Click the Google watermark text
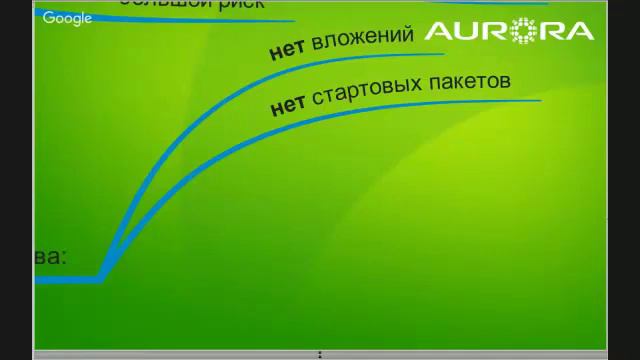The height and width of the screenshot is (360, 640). [68, 18]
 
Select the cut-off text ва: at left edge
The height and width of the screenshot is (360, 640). [51, 257]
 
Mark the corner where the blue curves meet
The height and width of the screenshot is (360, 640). [102, 279]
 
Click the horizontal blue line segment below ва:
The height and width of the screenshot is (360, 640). [65, 279]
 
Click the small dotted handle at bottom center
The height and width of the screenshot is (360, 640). [320, 354]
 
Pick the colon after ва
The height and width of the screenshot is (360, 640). [64, 258]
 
